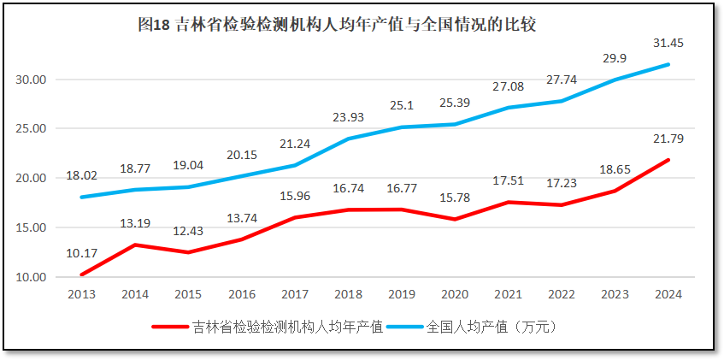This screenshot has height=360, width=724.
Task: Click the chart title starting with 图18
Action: pyautogui.click(x=337, y=26)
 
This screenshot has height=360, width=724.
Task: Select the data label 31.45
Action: pyautogui.click(x=668, y=43)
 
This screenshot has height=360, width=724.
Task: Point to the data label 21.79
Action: pyautogui.click(x=668, y=139)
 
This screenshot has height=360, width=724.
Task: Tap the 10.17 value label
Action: pyautogui.click(x=81, y=253)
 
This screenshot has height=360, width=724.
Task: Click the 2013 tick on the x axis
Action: pyautogui.click(x=81, y=294)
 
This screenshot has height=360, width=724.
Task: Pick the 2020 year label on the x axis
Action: pyautogui.click(x=455, y=294)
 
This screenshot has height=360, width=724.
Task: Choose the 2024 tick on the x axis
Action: pyautogui.click(x=668, y=294)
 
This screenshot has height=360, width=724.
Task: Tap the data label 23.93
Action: pyautogui.click(x=348, y=118)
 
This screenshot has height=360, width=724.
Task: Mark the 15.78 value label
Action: pyautogui.click(x=455, y=199)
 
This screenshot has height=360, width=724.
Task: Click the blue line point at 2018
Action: pyautogui.click(x=348, y=139)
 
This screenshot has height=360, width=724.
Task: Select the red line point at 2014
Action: pyautogui.click(x=134, y=245)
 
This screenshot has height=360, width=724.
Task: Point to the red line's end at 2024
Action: pyautogui.click(x=668, y=160)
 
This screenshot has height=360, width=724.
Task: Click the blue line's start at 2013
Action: pyautogui.click(x=81, y=198)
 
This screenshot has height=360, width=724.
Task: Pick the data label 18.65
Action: pyautogui.click(x=615, y=170)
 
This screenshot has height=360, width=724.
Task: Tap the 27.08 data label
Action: pyautogui.click(x=508, y=87)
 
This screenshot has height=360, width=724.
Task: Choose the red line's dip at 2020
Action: pyautogui.click(x=455, y=219)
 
